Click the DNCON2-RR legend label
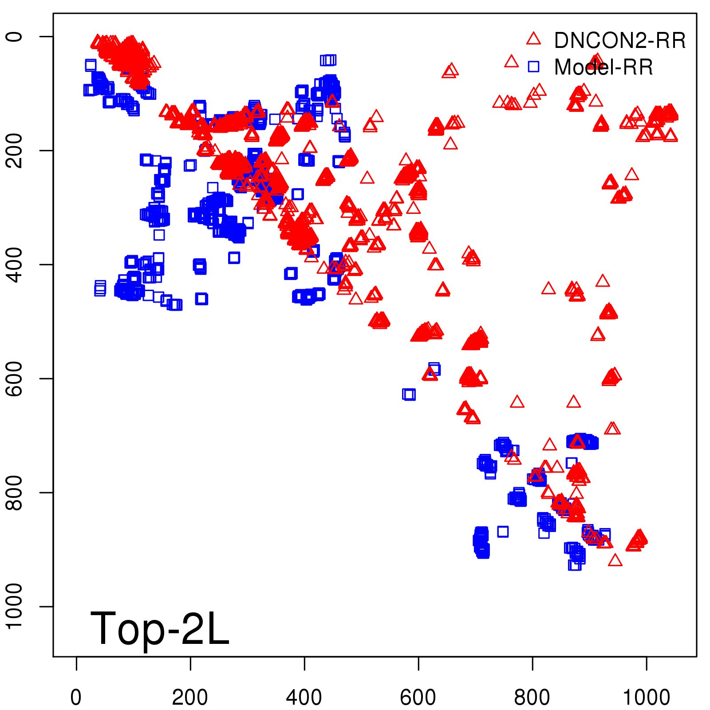tap(619, 41)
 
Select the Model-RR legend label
tap(603, 67)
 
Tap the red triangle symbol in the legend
tap(533, 39)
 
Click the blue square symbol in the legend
tap(533, 67)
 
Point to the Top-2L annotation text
tap(160, 628)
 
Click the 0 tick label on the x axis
tap(76, 698)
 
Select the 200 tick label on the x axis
tap(190, 698)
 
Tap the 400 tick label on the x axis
tap(304, 698)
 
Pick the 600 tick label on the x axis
tap(418, 698)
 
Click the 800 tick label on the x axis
tap(532, 698)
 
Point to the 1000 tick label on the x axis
tap(646, 698)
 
